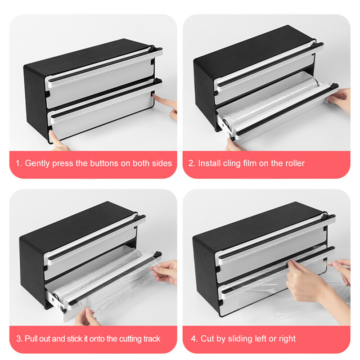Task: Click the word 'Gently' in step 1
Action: (x=37, y=163)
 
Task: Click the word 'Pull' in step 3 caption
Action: (x=31, y=339)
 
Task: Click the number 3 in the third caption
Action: (x=18, y=339)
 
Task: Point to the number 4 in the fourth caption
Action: (x=193, y=339)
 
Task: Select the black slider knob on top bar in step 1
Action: (x=152, y=49)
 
